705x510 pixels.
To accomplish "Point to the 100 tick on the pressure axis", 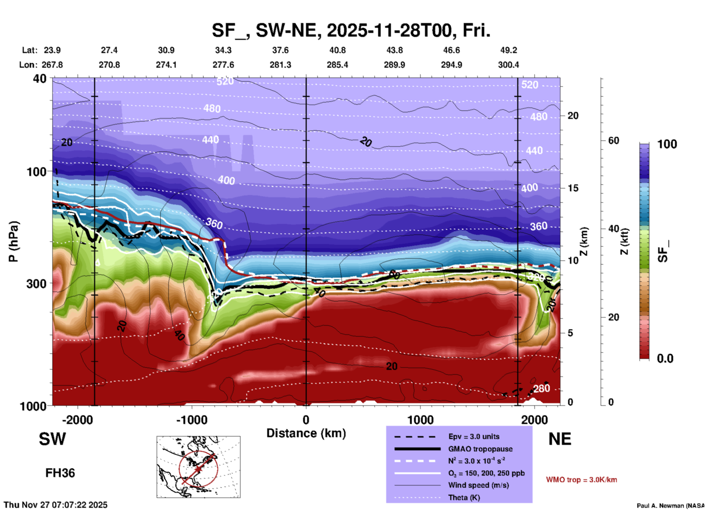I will coord(37,172).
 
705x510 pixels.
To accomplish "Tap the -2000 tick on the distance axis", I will coord(77,420).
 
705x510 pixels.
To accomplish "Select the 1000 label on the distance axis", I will coord(420,420).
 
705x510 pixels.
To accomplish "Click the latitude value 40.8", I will coord(337,50).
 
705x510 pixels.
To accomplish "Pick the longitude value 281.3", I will coord(280,65).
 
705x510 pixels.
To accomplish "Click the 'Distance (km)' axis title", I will coord(306,433).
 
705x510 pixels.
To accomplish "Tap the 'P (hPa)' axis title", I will coord(14,241).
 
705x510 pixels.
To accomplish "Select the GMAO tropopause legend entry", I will coord(480,449).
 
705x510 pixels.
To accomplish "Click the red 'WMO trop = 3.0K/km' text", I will coord(581,480).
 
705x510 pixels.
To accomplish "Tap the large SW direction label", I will coord(52,439).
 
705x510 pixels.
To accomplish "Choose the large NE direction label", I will coord(560,439).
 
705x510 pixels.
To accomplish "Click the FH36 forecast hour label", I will coord(60,473).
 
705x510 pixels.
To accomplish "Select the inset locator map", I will coord(198,467).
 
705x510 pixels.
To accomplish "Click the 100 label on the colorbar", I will coord(667,144).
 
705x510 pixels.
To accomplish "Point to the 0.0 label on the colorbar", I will coord(665,359).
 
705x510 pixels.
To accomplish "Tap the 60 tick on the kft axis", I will coord(613,140).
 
